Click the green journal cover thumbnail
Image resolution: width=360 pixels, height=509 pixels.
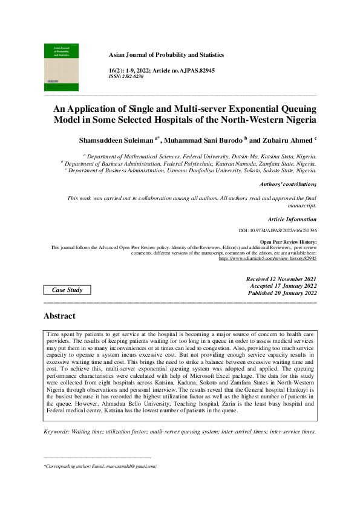[61, 67]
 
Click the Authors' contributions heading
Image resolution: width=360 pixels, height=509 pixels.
[287, 184]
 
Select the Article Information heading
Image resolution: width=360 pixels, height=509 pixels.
[292, 219]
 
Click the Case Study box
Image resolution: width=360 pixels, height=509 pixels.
[67, 290]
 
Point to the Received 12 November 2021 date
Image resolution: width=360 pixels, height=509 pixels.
[281, 279]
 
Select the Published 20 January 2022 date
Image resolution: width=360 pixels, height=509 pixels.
[282, 293]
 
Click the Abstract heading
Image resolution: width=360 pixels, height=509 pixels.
[59, 316]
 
